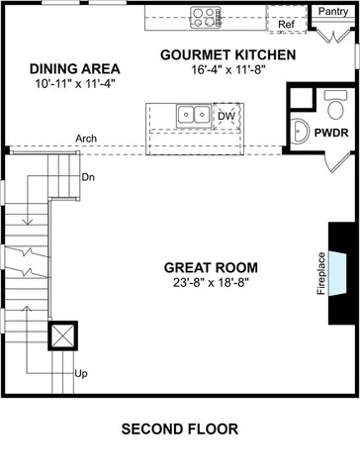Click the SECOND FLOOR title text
[x=179, y=429]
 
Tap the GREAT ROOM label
[x=212, y=267]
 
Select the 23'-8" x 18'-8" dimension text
[x=212, y=282]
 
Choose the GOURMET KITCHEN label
[x=228, y=54]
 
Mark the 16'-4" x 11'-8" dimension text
[x=228, y=70]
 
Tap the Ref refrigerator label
[x=286, y=25]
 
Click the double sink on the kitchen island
[x=193, y=117]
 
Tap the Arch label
[x=85, y=139]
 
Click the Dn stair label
[x=88, y=178]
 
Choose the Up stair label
[x=81, y=373]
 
